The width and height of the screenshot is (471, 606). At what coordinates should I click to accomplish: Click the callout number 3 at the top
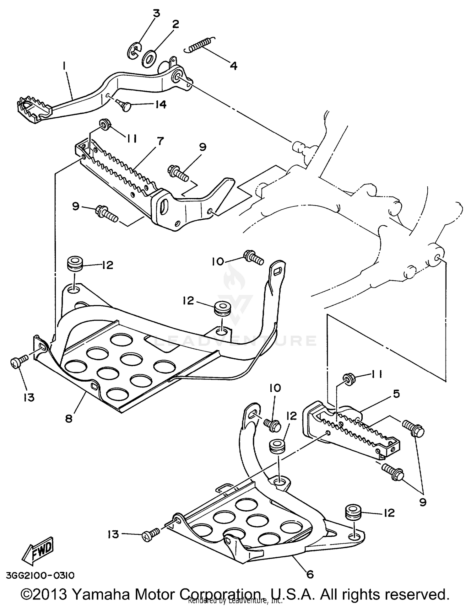pos(156,13)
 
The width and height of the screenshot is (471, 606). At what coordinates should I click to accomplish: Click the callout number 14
pos(160,104)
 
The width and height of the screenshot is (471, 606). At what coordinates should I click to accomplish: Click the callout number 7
pos(160,141)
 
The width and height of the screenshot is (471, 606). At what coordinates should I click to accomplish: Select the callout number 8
pos(68,418)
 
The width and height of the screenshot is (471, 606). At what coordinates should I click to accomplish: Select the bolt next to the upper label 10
pos(253,257)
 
